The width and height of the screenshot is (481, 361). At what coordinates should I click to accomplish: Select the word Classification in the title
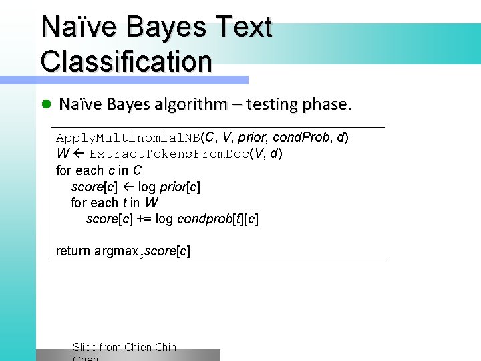[x=126, y=61]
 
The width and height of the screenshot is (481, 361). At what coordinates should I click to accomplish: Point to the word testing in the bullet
[x=272, y=104]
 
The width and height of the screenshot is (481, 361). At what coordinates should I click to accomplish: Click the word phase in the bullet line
[x=325, y=104]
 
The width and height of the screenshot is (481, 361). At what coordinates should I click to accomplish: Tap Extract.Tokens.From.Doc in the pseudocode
[x=169, y=154]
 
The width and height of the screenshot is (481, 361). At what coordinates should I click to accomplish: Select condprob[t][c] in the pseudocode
[x=218, y=219]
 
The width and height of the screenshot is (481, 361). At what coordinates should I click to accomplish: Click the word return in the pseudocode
[x=73, y=251]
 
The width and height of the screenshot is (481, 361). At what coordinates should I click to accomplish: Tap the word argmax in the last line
[x=116, y=251]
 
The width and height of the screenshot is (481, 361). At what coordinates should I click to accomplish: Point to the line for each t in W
[x=114, y=203]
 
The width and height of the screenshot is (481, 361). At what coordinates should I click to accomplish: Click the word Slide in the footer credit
[x=84, y=347]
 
